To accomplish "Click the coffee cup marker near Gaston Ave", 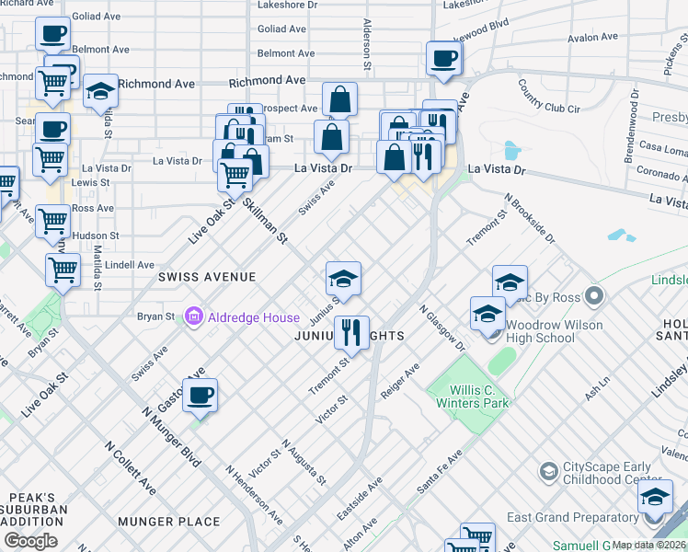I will [200, 397].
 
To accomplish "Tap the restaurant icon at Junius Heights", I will [351, 333].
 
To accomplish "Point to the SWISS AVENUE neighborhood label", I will [206, 276].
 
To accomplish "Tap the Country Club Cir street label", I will [548, 96].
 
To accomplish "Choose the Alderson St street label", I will [366, 46].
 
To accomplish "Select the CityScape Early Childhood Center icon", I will [548, 472].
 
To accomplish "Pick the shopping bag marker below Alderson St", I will [339, 100].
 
